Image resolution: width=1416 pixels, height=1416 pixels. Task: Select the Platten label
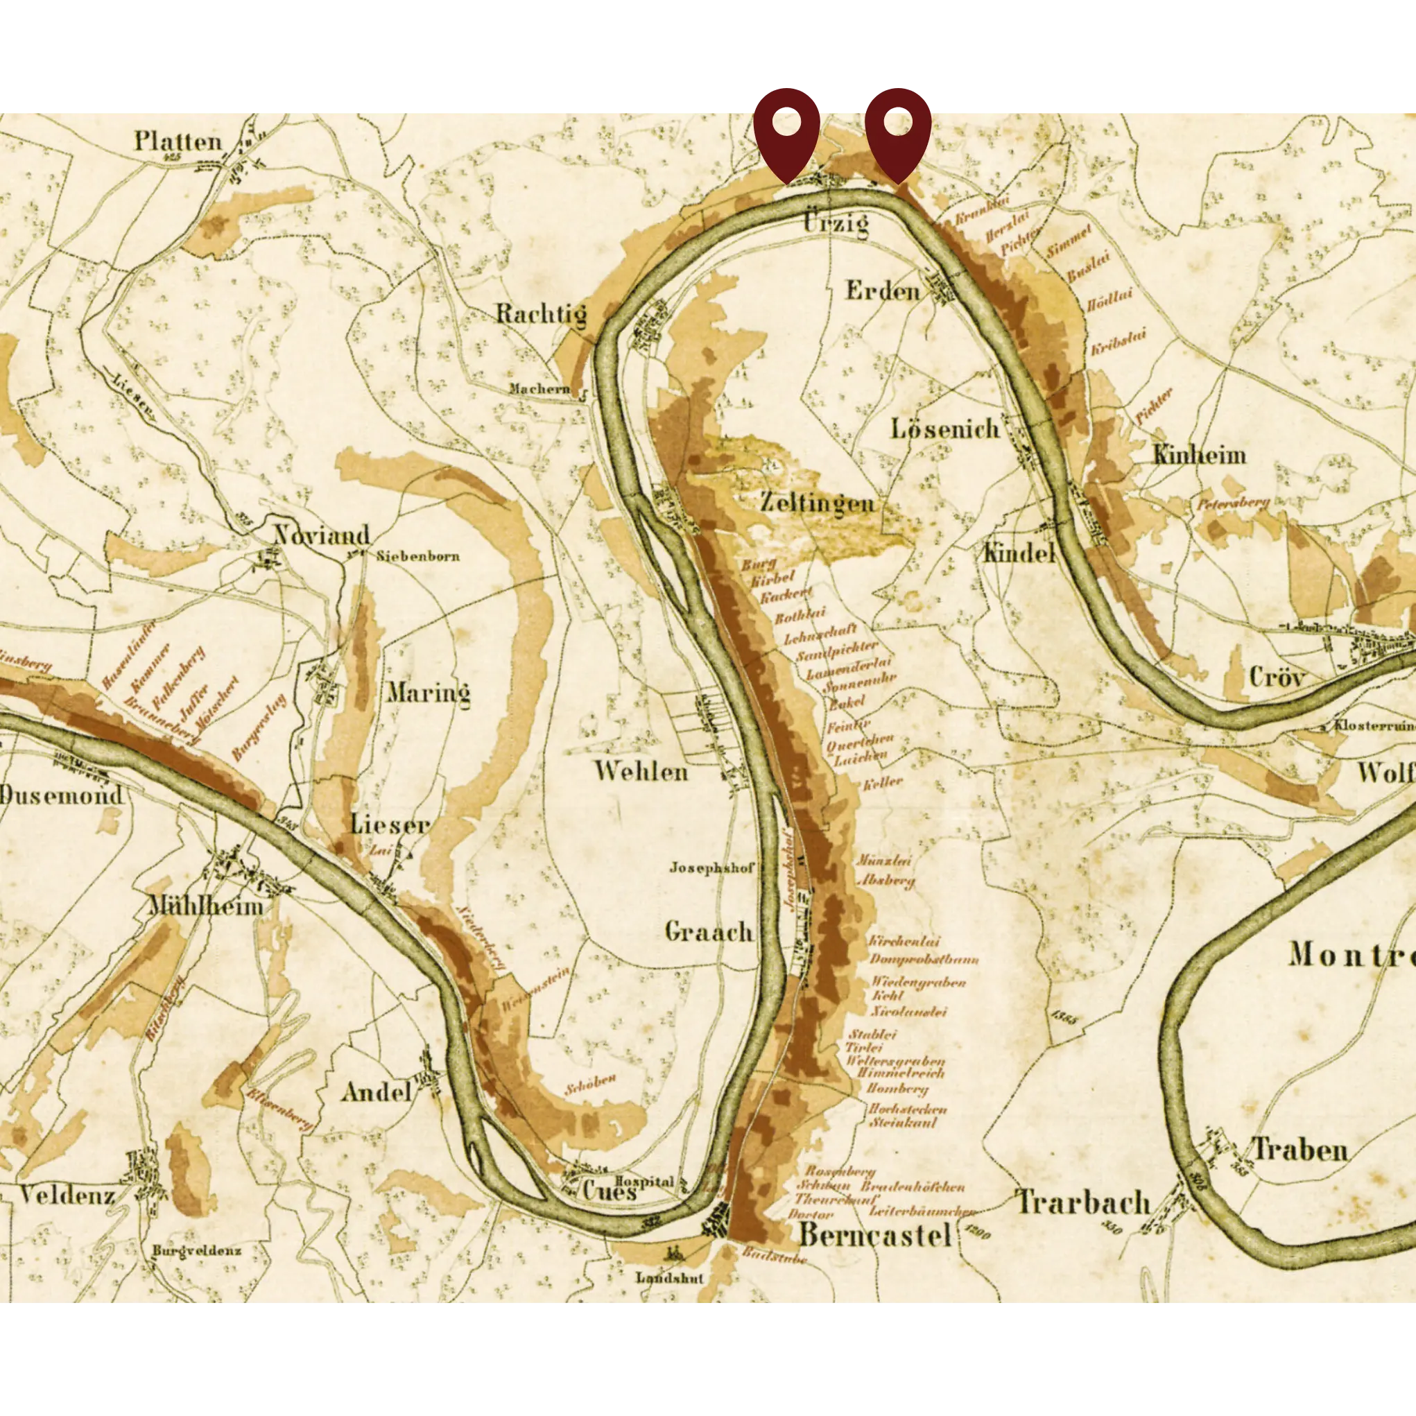(x=178, y=141)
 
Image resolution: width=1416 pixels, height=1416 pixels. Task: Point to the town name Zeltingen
(x=816, y=503)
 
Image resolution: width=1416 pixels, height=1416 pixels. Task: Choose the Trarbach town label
(x=1083, y=1202)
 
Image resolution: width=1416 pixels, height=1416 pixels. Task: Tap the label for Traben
(x=1300, y=1149)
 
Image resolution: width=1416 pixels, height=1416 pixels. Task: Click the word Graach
(x=709, y=931)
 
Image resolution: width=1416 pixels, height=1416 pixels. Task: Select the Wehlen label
(x=641, y=771)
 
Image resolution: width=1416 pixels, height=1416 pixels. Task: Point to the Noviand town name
(x=322, y=535)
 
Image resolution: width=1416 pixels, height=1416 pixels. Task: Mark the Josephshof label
(x=711, y=867)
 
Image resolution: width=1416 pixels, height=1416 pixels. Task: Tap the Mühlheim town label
(x=206, y=906)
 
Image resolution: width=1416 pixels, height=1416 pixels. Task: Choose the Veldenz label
(x=67, y=1196)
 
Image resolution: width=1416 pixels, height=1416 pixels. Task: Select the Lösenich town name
(x=945, y=428)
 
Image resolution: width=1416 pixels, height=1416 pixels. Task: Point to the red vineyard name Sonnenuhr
(x=859, y=686)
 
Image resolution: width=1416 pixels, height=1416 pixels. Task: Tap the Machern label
(x=539, y=388)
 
